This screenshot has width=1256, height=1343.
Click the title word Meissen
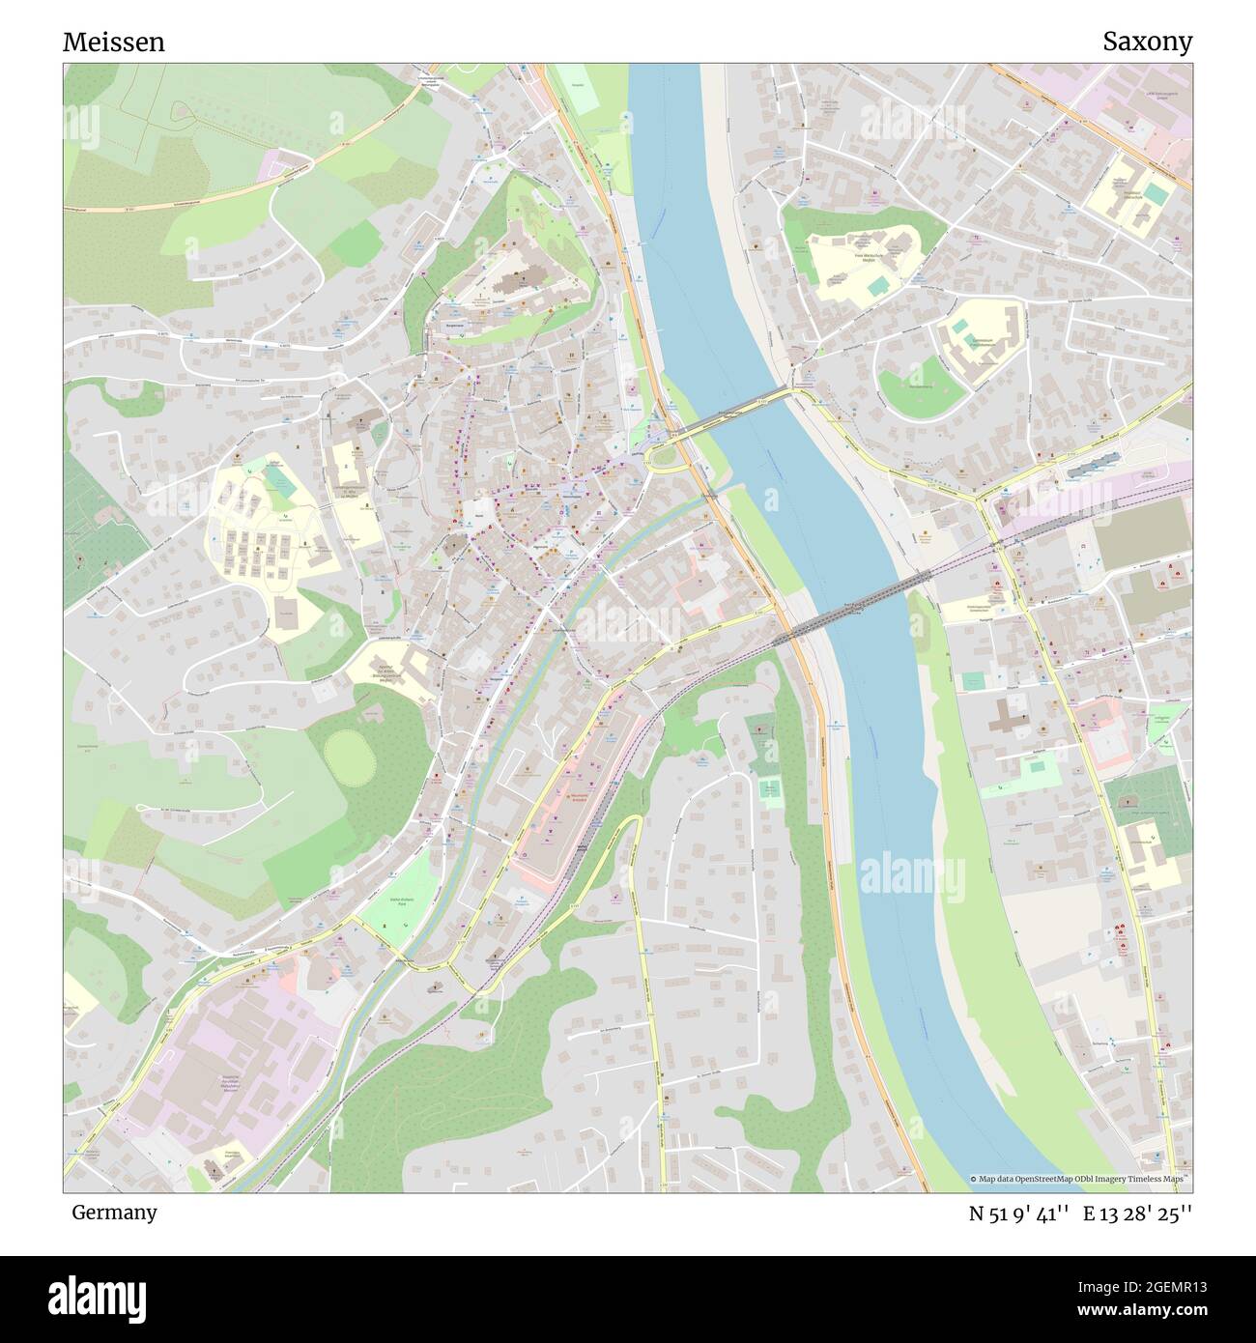[x=113, y=43]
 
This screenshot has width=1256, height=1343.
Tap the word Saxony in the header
[x=1148, y=42]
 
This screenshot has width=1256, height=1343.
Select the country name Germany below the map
[x=114, y=1212]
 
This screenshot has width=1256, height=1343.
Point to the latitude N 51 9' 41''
[x=1018, y=1214]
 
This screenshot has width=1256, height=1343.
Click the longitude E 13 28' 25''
[x=1138, y=1214]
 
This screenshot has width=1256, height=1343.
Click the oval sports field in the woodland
[x=347, y=756]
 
